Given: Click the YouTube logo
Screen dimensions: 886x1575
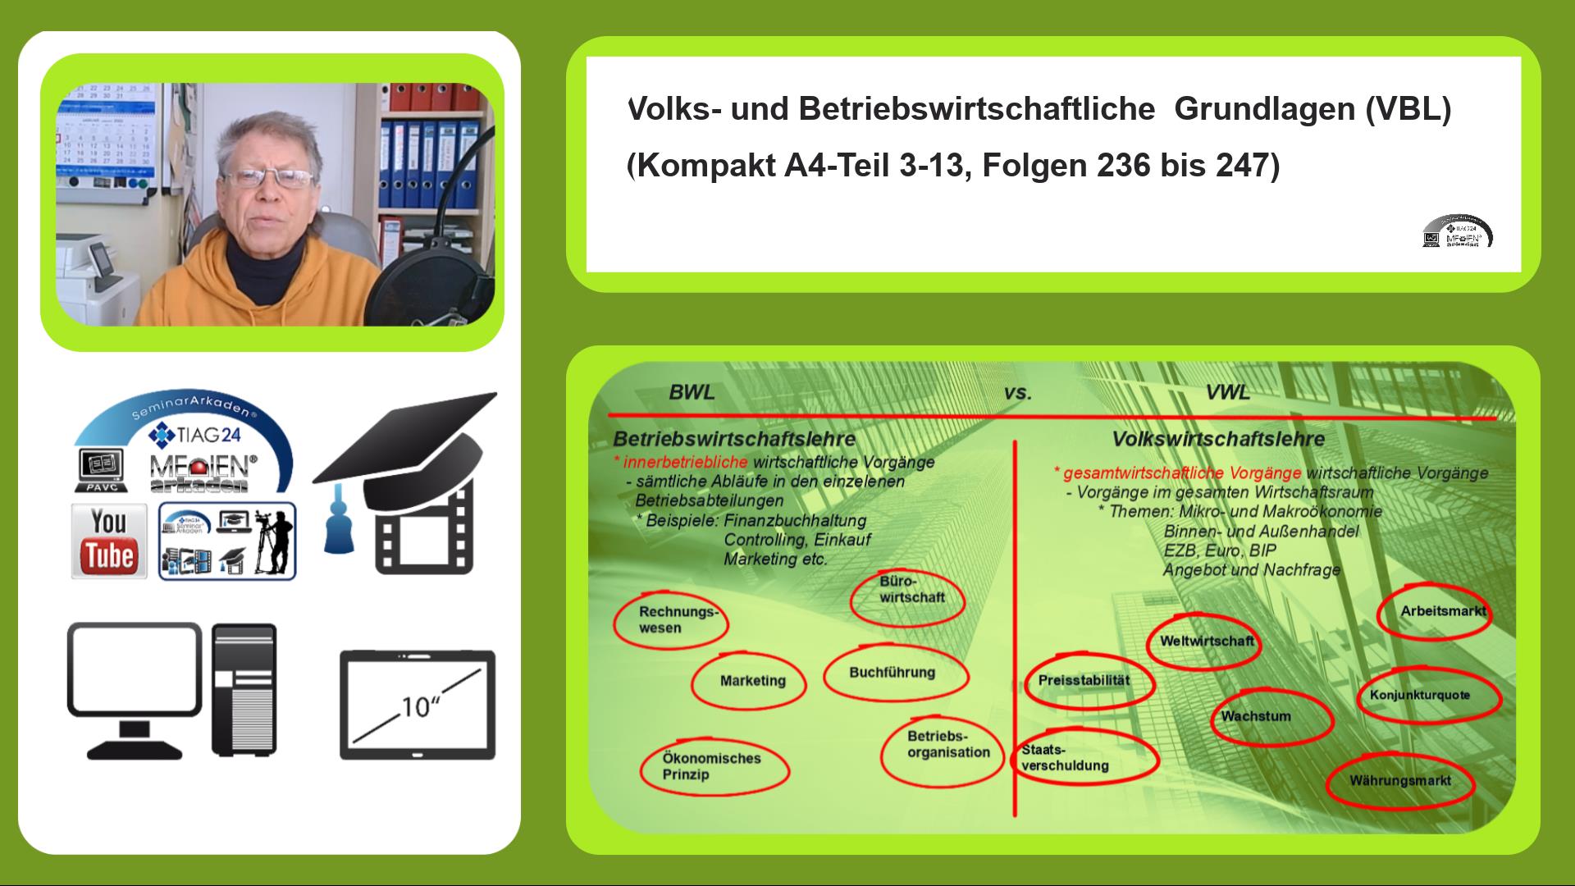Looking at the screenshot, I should [109, 541].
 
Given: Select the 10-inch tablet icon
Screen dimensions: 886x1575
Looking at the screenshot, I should [418, 705].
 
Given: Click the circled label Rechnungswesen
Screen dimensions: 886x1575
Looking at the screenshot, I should [671, 620].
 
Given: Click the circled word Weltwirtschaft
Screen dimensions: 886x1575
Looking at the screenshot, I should [1207, 642].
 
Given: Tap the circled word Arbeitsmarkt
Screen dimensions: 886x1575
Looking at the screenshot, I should [1441, 612].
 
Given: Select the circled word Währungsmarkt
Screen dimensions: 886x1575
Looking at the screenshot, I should [1399, 781].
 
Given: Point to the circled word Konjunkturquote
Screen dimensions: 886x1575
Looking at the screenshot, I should [1420, 696].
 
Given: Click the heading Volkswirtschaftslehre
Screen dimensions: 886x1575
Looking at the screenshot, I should [1218, 440].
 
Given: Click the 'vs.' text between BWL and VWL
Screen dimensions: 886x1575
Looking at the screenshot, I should [1017, 393].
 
